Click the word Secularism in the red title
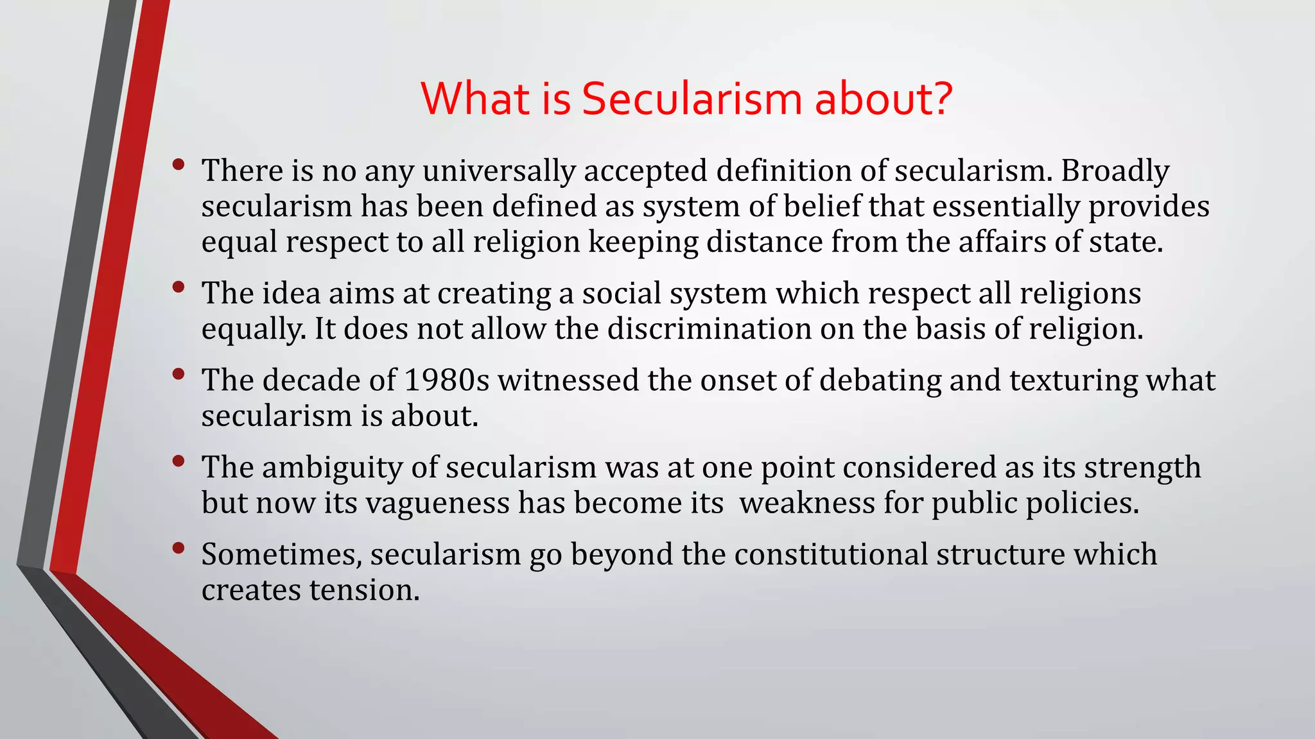[x=692, y=99]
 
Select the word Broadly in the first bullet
[x=1115, y=171]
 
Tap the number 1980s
[x=446, y=380]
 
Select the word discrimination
[x=709, y=329]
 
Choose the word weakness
[x=807, y=503]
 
